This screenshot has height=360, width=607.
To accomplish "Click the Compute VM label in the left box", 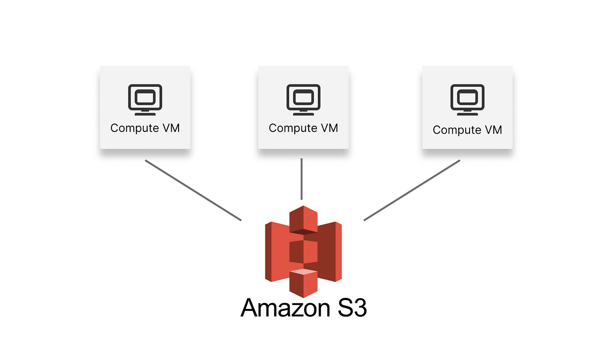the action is (145, 128).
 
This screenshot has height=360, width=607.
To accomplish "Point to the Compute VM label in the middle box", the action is (303, 128).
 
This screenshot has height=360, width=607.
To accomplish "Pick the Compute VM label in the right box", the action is (467, 130).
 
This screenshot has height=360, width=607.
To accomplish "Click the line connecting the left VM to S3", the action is (193, 190).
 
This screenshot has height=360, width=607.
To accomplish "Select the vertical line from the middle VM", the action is (302, 179).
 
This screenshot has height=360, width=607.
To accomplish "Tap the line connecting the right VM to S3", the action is (412, 190).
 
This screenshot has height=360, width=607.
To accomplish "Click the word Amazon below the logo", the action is (285, 308).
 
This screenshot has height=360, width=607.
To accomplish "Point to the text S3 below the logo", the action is (352, 308).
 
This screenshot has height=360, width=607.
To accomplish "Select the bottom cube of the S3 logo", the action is (303, 284).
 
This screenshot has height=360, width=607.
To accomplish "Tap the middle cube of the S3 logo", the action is (303, 252).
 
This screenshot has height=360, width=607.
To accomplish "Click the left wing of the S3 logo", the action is (277, 252).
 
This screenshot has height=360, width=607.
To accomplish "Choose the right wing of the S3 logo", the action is (330, 252).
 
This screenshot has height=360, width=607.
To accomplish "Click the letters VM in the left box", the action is (171, 128).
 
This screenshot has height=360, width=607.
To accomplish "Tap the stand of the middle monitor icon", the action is (303, 113).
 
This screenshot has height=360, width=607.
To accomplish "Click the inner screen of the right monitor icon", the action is (467, 97).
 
